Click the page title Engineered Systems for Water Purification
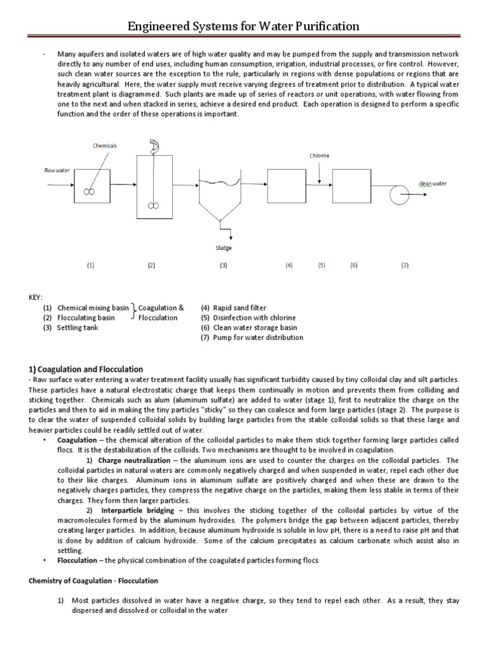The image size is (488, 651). click(244, 26)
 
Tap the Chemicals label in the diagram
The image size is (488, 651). click(104, 146)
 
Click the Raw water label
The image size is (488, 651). click(56, 170)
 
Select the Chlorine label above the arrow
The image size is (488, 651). click(320, 155)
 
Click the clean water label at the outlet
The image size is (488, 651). click(432, 184)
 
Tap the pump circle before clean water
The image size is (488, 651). click(400, 194)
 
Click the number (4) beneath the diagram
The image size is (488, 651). click(288, 266)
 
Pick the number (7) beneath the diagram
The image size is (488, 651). click(404, 266)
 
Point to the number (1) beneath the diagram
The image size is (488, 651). click(91, 266)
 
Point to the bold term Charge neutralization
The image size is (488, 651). click(135, 460)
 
